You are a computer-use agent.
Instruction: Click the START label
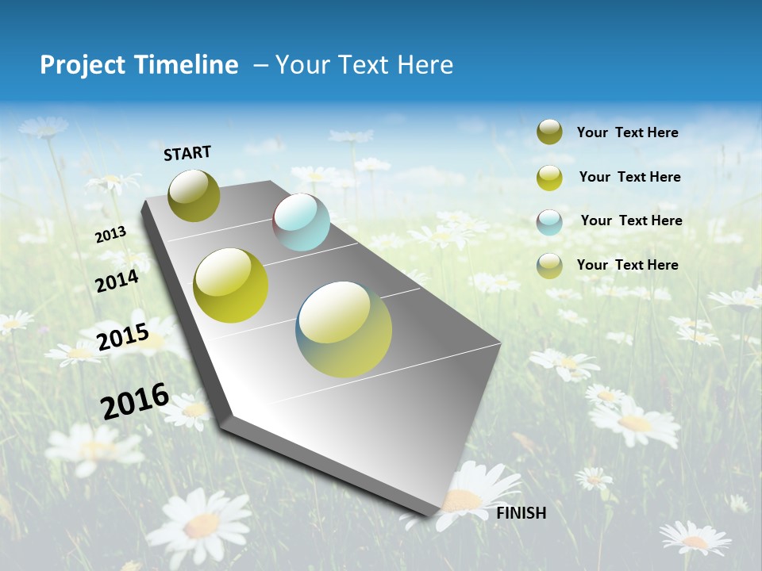click(x=187, y=153)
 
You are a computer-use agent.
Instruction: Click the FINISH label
click(x=521, y=513)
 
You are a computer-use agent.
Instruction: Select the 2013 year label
click(x=110, y=235)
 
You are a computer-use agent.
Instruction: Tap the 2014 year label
click(x=117, y=281)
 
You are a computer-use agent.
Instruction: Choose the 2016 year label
click(x=135, y=400)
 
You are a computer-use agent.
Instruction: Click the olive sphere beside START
click(x=194, y=195)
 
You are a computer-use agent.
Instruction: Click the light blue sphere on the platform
click(x=301, y=222)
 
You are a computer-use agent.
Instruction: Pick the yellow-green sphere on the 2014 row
click(x=231, y=285)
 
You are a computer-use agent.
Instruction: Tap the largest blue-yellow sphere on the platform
click(x=344, y=329)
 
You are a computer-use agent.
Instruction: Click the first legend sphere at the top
click(x=549, y=132)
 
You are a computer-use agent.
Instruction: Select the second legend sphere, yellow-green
click(x=549, y=178)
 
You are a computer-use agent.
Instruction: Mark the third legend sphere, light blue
click(x=549, y=222)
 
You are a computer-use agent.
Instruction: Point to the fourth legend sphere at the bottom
click(x=549, y=266)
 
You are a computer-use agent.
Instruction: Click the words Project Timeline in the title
click(x=139, y=65)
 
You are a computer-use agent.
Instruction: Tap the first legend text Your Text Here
click(x=627, y=132)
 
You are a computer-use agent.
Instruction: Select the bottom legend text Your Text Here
click(x=627, y=265)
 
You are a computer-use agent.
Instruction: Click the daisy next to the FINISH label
click(x=468, y=496)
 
